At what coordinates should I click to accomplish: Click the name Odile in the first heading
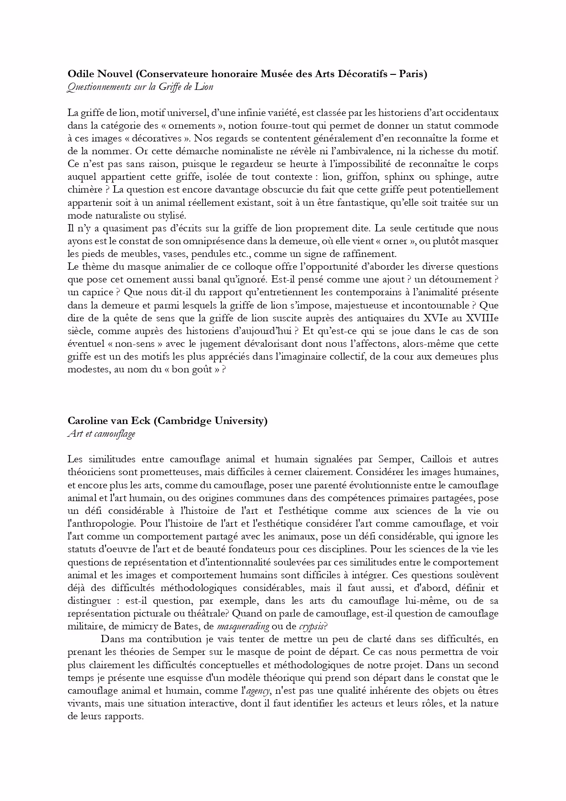pos(80,74)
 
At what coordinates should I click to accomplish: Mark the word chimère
pos(82,189)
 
